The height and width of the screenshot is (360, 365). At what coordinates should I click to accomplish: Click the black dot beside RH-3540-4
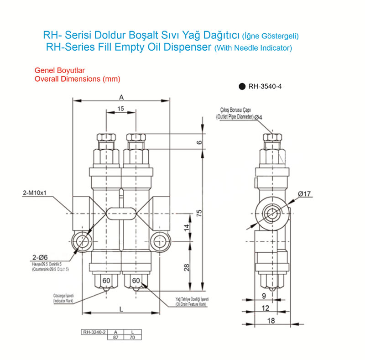pos(241,86)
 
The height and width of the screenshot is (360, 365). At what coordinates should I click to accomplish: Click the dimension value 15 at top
pos(120,109)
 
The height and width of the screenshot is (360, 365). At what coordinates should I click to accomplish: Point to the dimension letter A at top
pos(121,97)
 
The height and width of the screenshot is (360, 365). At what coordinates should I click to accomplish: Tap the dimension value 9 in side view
pos(264,296)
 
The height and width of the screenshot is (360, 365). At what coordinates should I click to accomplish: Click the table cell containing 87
pos(115,337)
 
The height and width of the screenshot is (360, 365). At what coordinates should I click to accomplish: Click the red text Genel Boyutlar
pos(60,71)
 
